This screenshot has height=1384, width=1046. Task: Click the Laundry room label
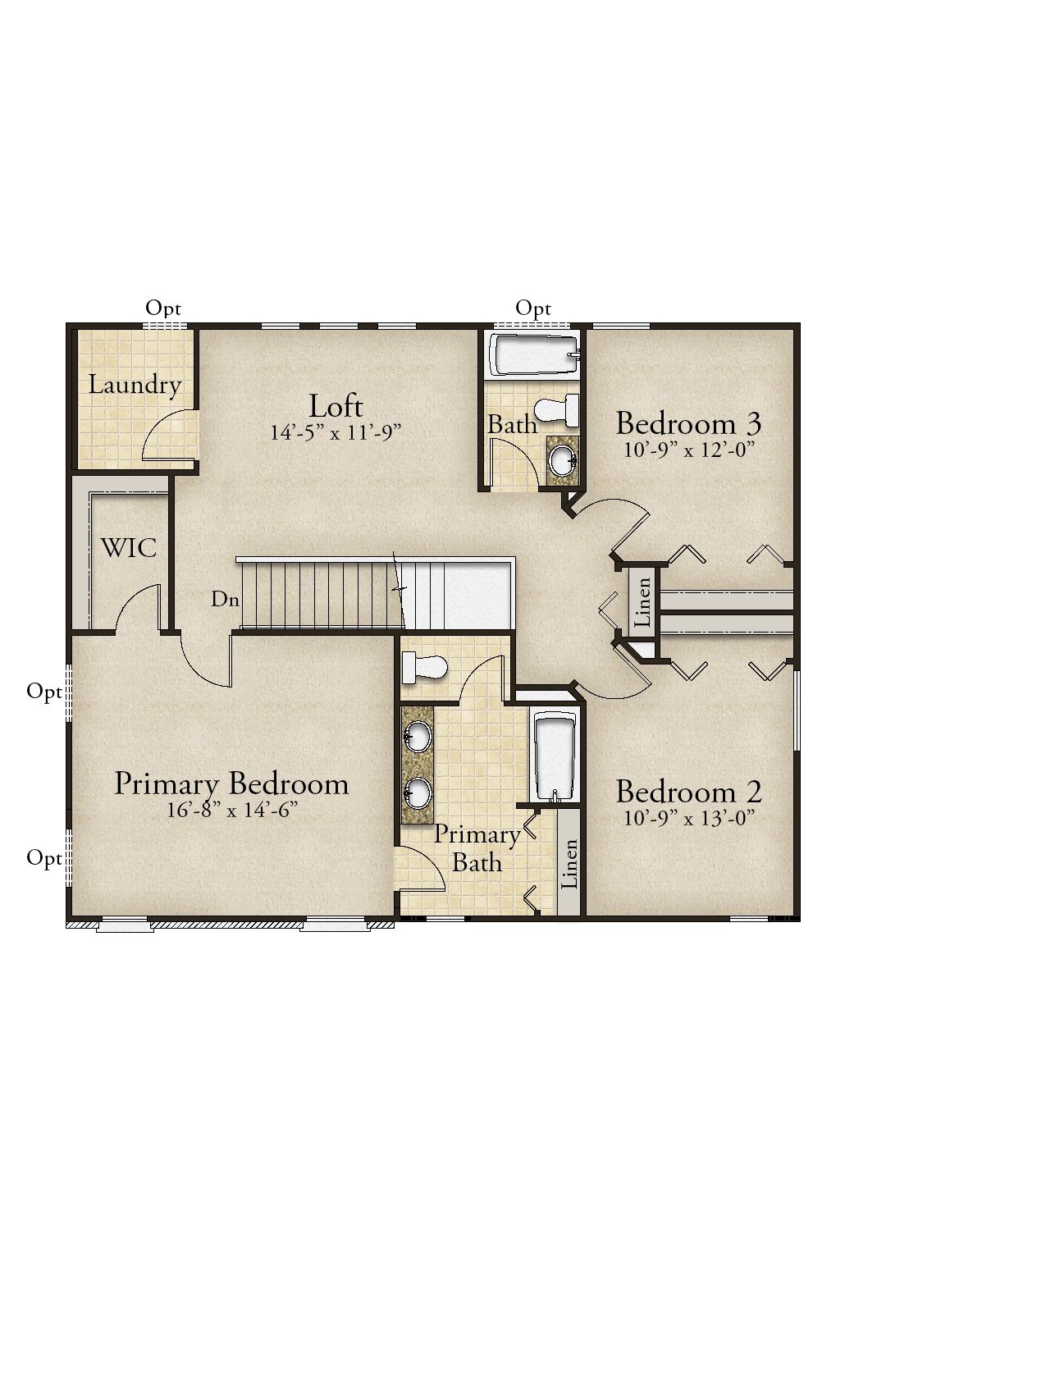[135, 385]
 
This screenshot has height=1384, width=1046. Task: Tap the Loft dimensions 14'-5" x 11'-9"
[336, 432]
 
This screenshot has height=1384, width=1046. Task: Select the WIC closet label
[129, 547]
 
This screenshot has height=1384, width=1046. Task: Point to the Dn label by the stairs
[225, 599]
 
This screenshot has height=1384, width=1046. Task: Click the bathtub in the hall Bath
[535, 355]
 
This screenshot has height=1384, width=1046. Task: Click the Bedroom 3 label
[688, 423]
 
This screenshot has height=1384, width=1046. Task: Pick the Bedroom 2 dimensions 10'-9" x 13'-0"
[688, 818]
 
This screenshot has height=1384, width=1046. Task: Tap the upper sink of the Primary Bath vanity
[418, 736]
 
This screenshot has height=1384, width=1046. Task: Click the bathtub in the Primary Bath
[557, 758]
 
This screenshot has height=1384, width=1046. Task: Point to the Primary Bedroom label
[231, 783]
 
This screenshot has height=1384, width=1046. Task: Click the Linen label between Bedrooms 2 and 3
[643, 602]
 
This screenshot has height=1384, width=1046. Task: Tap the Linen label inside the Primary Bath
[569, 864]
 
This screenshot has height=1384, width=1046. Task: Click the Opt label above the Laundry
[163, 308]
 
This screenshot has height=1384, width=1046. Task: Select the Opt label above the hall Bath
[533, 309]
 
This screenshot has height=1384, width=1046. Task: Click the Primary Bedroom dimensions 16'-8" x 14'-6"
[231, 810]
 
